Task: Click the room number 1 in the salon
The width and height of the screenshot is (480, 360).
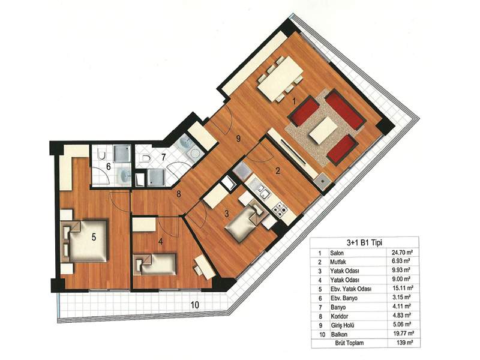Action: [x=295, y=101]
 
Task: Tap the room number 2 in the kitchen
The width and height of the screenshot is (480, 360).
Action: [x=278, y=170]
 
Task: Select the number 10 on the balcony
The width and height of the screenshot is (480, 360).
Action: [x=195, y=305]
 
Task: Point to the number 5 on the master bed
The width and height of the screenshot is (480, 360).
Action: [x=94, y=236]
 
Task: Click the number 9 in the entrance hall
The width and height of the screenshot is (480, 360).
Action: [x=238, y=139]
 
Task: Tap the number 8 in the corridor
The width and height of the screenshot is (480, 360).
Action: [x=178, y=194]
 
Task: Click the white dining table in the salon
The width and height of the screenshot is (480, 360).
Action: [x=280, y=79]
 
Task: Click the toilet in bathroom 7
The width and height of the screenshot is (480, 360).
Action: [x=146, y=158]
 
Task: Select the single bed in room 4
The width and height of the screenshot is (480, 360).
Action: [x=155, y=264]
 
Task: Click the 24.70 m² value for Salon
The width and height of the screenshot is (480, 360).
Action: [x=402, y=253]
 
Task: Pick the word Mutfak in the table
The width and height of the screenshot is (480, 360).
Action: [x=338, y=262]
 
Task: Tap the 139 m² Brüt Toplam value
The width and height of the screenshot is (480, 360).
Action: [x=404, y=343]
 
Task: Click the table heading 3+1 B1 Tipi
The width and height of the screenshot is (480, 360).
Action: [x=364, y=242]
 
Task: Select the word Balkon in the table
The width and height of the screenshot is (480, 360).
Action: [x=339, y=334]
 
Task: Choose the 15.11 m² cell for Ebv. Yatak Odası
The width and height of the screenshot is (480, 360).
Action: [x=403, y=289]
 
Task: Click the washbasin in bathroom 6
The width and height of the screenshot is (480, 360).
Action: [x=124, y=176]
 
